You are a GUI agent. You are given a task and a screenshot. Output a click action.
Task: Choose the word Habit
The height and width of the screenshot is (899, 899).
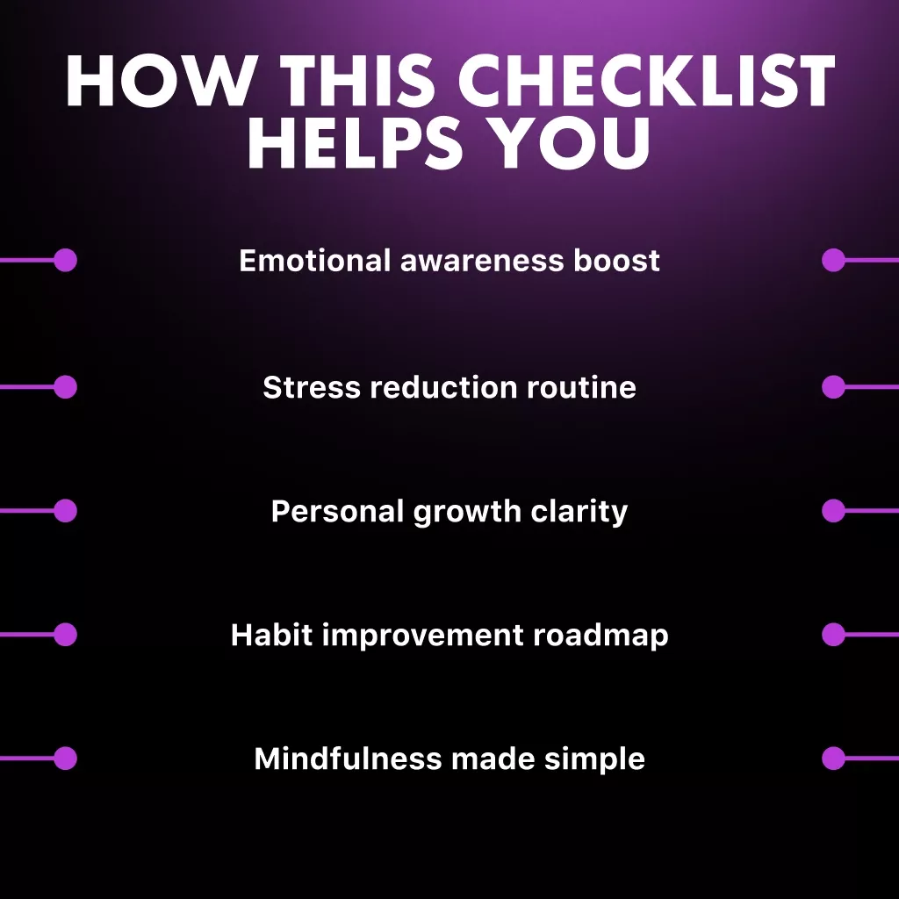271,635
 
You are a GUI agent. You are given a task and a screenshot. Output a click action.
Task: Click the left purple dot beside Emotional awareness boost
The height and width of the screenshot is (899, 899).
65,260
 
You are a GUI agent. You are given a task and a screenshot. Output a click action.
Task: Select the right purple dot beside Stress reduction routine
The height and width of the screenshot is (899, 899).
833,386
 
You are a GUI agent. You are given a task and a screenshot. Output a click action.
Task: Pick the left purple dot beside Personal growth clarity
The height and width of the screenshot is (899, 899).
65,510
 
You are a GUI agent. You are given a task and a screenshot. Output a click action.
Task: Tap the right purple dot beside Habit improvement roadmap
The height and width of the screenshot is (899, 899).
833,634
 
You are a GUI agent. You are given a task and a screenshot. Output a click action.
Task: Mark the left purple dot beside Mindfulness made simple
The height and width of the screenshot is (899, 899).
65,758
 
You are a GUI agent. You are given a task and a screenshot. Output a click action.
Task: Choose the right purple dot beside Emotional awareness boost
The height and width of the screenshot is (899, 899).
833,260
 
